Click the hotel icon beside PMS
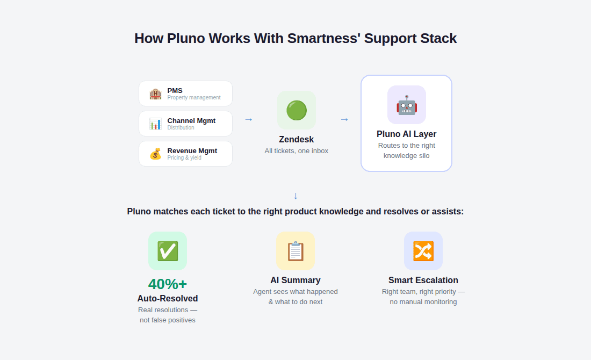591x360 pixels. click(x=155, y=94)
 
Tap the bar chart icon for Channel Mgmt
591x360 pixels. click(x=155, y=124)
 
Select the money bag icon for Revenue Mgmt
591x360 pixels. click(x=155, y=154)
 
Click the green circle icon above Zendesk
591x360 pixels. click(x=297, y=110)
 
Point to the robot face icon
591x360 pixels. click(x=407, y=105)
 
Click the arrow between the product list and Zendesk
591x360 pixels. click(x=248, y=119)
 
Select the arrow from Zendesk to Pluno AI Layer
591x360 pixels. click(x=344, y=119)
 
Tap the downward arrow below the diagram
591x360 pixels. click(x=295, y=196)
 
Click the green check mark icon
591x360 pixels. click(x=168, y=251)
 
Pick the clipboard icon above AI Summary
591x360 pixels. click(x=295, y=251)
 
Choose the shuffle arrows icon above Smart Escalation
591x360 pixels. click(x=423, y=251)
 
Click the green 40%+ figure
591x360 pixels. click(x=168, y=284)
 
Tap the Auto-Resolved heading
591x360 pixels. click(x=168, y=298)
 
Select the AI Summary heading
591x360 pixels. click(x=295, y=280)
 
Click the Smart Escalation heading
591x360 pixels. click(x=423, y=280)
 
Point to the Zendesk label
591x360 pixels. click(x=297, y=139)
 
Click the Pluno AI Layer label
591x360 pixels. click(x=407, y=134)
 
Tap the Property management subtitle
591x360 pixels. click(x=194, y=98)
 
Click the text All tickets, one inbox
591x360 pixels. click(x=297, y=151)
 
